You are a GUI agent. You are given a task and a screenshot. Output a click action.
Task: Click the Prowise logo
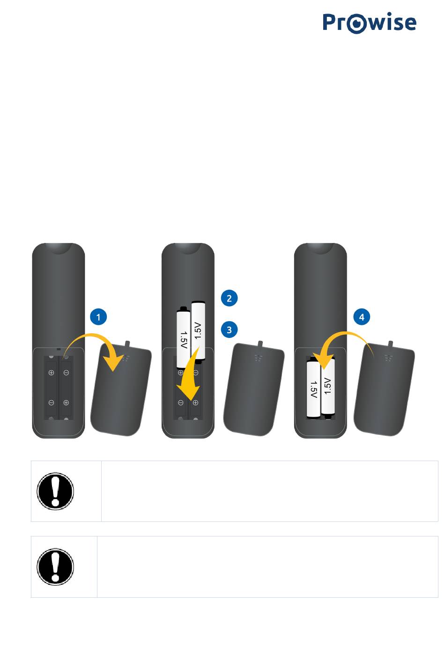tap(369, 22)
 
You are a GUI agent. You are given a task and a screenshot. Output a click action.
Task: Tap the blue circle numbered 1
tap(98, 317)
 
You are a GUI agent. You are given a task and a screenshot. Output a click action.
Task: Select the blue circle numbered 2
tap(229, 298)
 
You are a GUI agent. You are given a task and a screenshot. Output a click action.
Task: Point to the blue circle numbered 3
tap(229, 330)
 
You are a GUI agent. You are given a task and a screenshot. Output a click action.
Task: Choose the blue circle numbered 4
tap(362, 317)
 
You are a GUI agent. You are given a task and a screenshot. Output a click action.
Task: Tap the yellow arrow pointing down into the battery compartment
tap(191, 376)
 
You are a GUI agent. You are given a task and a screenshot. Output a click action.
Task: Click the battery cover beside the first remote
tap(121, 389)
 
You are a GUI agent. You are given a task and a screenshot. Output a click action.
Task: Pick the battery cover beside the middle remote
tap(253, 389)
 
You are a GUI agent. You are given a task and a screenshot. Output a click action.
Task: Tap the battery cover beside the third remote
tap(384, 389)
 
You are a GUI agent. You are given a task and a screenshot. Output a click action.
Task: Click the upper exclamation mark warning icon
tap(55, 491)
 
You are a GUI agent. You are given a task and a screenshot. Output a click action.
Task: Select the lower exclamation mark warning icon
tap(55, 567)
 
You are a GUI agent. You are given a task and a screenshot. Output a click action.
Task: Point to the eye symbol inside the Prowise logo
tap(356, 23)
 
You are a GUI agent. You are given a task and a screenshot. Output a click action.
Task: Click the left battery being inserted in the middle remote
tap(184, 338)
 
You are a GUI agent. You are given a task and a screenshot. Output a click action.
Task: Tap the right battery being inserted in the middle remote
tap(199, 332)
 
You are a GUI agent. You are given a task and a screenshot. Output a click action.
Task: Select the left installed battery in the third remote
tap(313, 389)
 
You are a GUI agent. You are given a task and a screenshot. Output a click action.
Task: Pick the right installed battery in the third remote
tap(328, 386)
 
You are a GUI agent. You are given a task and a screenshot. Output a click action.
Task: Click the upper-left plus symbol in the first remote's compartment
tap(51, 372)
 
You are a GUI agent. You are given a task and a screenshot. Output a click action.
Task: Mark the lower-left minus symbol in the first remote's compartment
tap(51, 403)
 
